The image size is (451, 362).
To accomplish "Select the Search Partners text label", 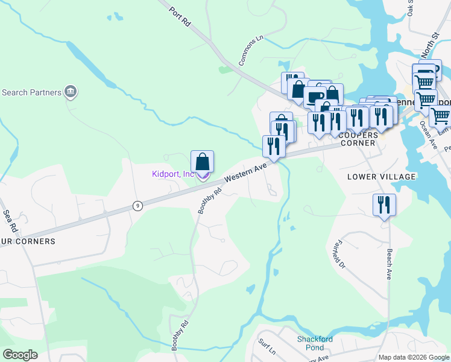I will point(31,92).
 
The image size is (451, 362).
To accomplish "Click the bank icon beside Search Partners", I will point(71,92).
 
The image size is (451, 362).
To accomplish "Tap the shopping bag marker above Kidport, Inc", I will point(203,162).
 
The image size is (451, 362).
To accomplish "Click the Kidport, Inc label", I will point(172,174).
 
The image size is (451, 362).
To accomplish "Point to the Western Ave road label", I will point(245,173).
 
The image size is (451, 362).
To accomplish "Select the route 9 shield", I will point(137,206).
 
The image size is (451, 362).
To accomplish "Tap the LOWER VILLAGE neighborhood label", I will point(382,177).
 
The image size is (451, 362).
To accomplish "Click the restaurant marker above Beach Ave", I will point(383,206).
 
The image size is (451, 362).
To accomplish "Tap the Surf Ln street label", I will point(266,346).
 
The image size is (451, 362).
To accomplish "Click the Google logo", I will point(20,354).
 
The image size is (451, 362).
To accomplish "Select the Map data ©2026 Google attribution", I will point(414,357).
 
